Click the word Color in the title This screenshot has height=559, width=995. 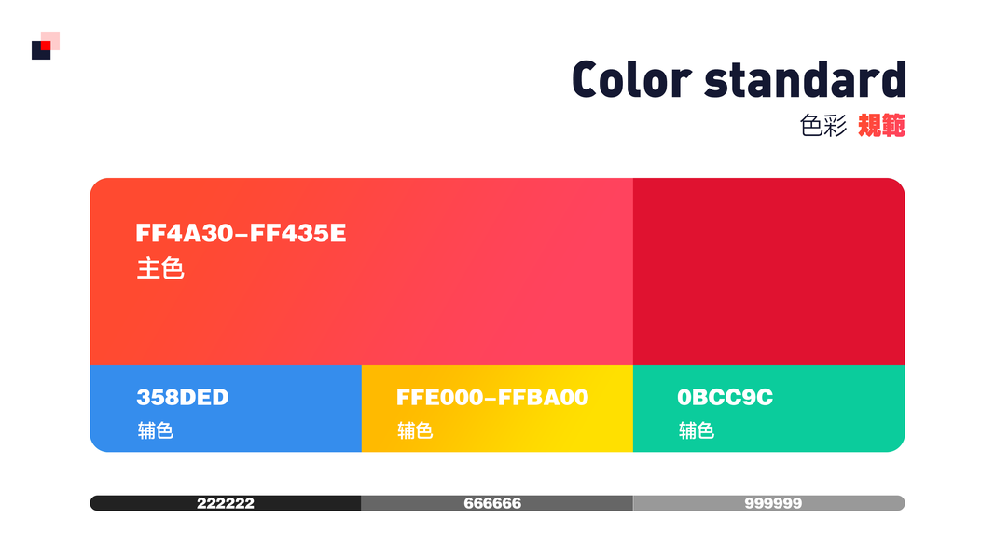click(x=630, y=79)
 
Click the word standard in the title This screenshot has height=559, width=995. click(x=806, y=79)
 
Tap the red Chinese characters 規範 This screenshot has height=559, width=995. click(x=881, y=126)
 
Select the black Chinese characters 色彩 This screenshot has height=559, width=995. click(x=823, y=126)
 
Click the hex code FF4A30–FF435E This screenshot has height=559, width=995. click(x=241, y=233)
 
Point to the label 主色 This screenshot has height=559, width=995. click(x=159, y=268)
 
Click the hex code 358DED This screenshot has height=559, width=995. click(x=183, y=398)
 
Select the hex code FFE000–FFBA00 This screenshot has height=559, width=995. click(x=492, y=398)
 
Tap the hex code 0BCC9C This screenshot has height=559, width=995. click(x=725, y=398)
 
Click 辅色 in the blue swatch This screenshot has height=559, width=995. click(x=156, y=431)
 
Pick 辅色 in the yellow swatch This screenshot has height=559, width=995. click(x=415, y=431)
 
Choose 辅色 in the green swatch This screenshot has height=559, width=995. click(x=697, y=431)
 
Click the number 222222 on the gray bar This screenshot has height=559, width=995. click(x=226, y=503)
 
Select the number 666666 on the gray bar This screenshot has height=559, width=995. click(x=492, y=503)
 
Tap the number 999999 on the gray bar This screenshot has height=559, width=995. click(x=773, y=503)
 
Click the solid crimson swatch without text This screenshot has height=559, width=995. click(x=769, y=271)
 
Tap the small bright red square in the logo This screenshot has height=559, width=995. click(x=46, y=46)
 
